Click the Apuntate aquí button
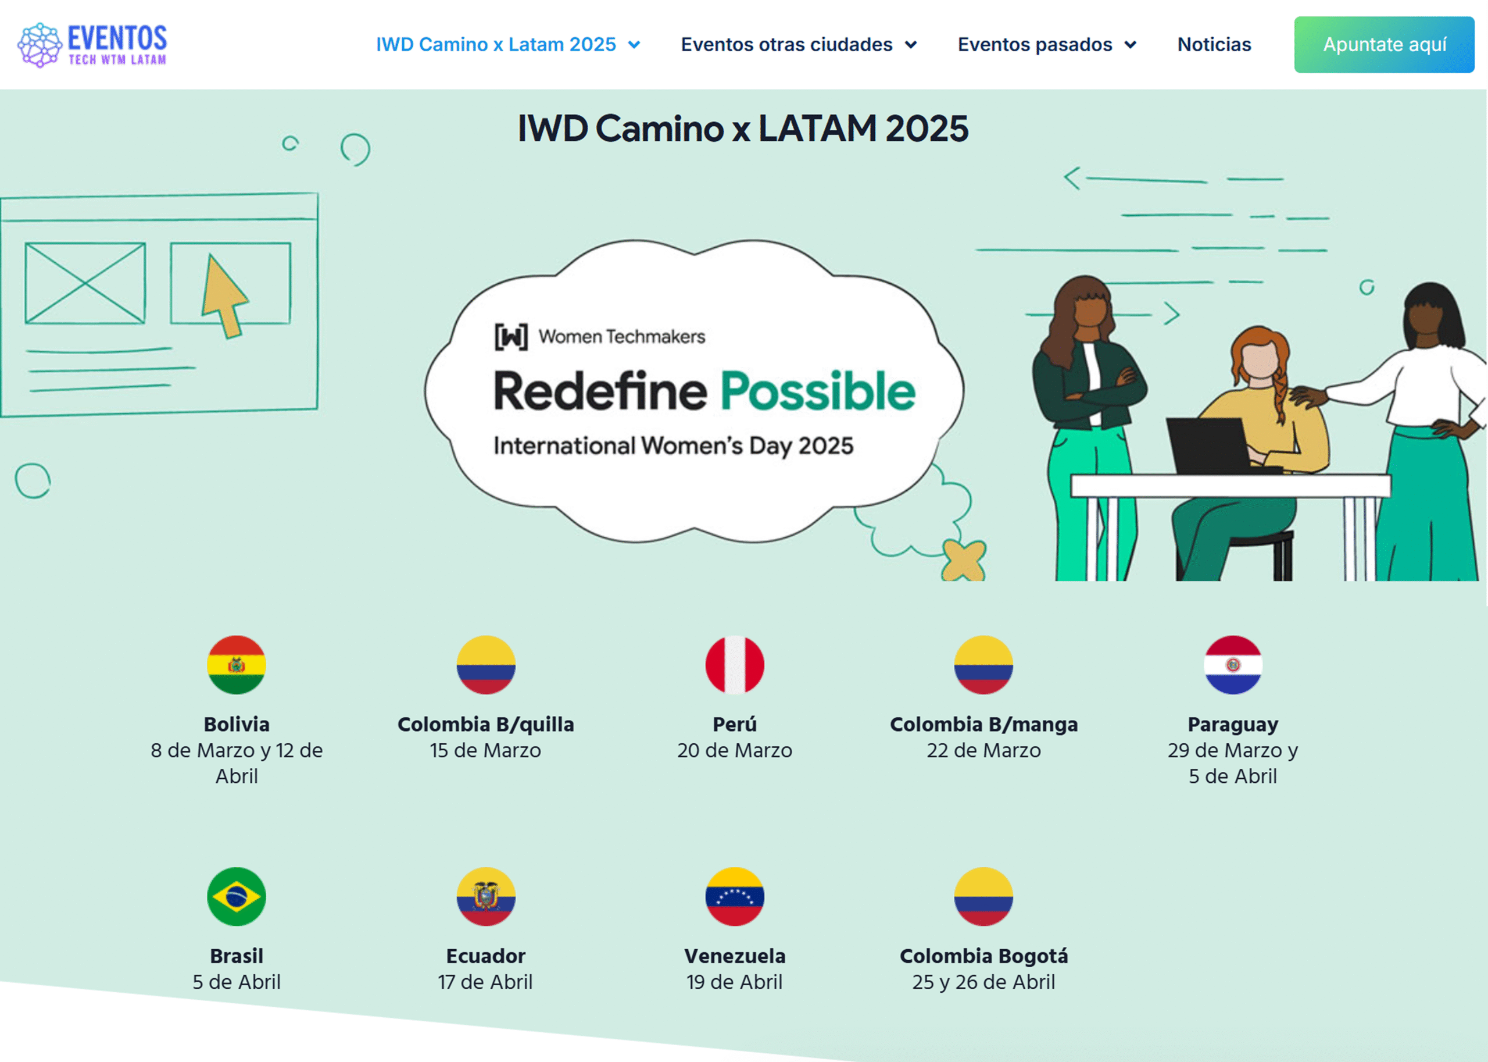(x=1383, y=44)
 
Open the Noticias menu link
(x=1214, y=44)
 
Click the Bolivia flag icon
(x=237, y=664)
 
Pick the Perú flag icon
(x=735, y=664)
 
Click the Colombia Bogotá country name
(x=983, y=956)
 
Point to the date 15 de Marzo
(x=485, y=750)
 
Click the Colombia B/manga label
(x=983, y=725)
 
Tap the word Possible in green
(x=817, y=391)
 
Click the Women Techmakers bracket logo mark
(x=511, y=337)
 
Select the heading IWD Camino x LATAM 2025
(x=743, y=128)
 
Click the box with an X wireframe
(x=85, y=283)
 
